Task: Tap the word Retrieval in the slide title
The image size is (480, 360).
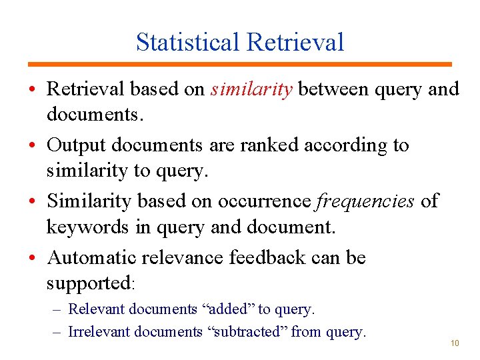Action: click(x=295, y=42)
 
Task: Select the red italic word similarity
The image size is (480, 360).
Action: click(x=251, y=89)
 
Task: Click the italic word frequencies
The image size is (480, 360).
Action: click(x=365, y=201)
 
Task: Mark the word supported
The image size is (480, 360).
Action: click(x=88, y=283)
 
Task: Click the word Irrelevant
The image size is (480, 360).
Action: click(x=98, y=331)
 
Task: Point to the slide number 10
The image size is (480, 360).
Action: click(x=455, y=343)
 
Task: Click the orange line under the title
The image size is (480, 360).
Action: click(x=240, y=64)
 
